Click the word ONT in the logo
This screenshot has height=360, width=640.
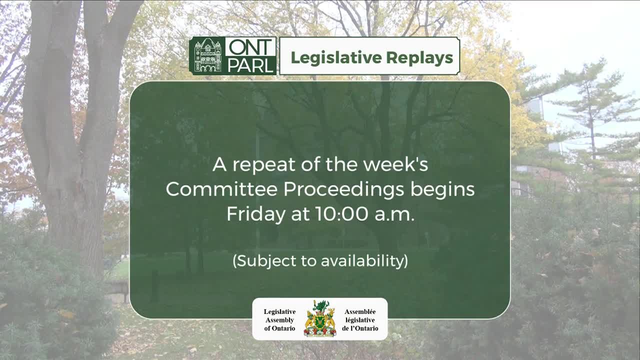(x=250, y=47)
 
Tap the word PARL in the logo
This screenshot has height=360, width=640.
(x=250, y=65)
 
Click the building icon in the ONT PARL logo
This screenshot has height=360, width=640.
(x=207, y=56)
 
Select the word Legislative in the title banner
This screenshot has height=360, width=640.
(x=328, y=58)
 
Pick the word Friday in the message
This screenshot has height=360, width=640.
(x=254, y=214)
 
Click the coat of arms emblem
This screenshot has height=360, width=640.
(x=320, y=318)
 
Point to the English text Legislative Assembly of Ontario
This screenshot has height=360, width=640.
(x=279, y=320)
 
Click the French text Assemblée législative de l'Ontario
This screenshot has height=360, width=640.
(x=360, y=320)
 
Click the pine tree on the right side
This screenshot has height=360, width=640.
(x=590, y=115)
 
